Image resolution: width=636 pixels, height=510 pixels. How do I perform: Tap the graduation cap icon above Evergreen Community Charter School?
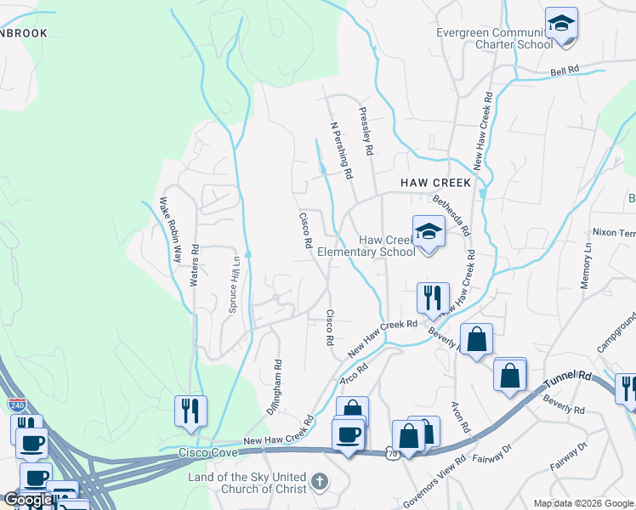click(561, 23)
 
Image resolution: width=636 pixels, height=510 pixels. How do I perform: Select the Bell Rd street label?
click(564, 71)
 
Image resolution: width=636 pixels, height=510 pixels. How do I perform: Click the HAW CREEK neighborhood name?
click(435, 183)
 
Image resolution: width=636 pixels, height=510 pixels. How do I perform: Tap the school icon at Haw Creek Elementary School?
click(429, 231)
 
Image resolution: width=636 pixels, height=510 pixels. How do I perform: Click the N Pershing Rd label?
click(341, 150)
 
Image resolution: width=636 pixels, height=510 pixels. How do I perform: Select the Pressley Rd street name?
click(366, 131)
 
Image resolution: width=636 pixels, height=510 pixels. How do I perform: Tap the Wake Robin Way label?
click(170, 229)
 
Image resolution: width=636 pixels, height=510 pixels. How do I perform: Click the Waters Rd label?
click(195, 265)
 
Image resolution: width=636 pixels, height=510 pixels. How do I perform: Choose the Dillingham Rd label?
click(274, 387)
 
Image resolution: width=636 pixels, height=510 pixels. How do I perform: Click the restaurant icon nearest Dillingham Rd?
click(190, 411)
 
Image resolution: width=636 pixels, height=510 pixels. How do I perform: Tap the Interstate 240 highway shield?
click(16, 405)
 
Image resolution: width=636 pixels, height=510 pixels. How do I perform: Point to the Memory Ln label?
click(587, 265)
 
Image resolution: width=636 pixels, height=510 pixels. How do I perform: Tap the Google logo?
click(28, 500)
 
